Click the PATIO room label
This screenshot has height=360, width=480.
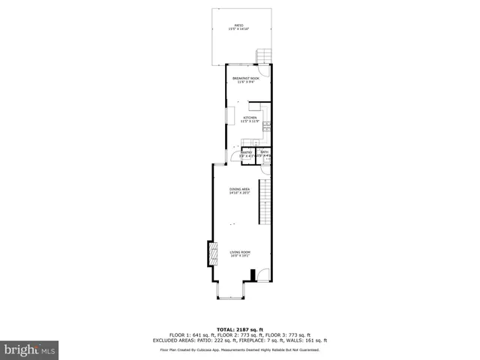[x=238, y=27]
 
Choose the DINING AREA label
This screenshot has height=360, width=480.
[x=239, y=191]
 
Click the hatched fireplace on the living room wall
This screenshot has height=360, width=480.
[x=212, y=256]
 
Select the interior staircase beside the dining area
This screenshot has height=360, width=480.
[x=265, y=202]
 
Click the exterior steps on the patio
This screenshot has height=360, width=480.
[x=263, y=56]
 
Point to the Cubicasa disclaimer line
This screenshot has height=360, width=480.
[x=239, y=349]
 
